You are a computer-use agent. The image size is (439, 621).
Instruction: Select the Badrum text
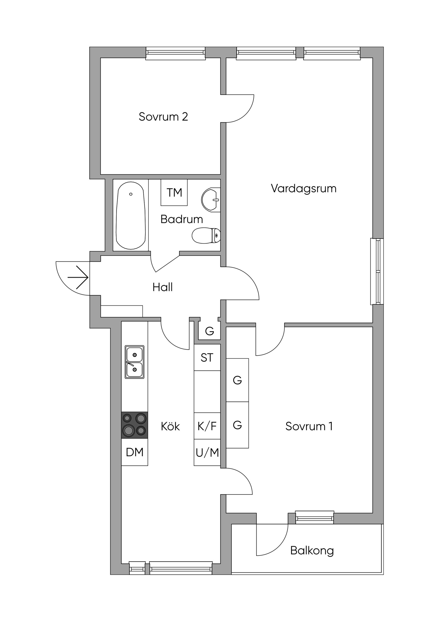pos(182,219)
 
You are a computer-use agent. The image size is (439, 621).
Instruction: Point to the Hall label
pos(162,287)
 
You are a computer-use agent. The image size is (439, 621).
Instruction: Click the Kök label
pos(170,426)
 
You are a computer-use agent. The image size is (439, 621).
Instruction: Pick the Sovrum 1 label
pos(309,426)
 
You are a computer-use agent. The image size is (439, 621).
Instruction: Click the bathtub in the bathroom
pos(131,215)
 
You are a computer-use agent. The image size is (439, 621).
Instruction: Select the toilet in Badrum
pos(206,235)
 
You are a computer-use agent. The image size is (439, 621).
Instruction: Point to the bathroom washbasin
pos(211,200)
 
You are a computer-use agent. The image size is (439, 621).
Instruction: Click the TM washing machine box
pos(174,193)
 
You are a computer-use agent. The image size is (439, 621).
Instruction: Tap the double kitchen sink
pos(134,362)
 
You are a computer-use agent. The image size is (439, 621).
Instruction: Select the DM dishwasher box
pos(134,452)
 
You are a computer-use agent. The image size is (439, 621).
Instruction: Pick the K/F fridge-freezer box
pos(207,426)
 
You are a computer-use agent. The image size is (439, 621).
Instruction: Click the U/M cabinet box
pos(207,452)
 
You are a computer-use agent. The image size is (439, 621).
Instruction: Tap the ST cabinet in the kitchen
pos(207,358)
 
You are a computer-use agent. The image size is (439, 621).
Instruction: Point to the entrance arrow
pos(78,278)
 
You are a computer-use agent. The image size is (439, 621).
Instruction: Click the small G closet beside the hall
pos(209,331)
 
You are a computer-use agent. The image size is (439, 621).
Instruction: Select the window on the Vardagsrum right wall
pos(377,271)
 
